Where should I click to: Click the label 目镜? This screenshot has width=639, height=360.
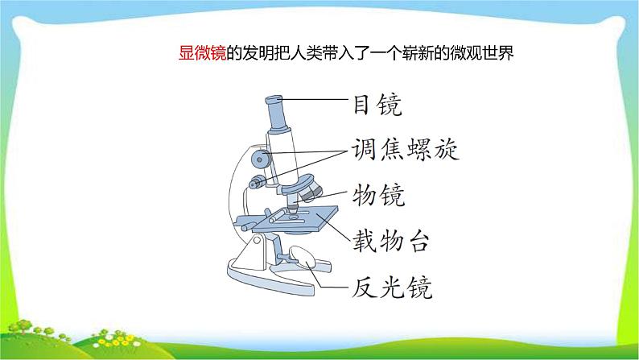tap(377, 105)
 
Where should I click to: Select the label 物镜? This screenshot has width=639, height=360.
tap(378, 194)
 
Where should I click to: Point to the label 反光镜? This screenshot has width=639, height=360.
tap(391, 287)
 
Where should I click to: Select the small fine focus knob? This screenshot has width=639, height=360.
tap(257, 182)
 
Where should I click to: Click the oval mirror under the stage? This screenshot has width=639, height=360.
tap(303, 257)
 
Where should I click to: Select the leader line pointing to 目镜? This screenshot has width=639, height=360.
tap(318, 100)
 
